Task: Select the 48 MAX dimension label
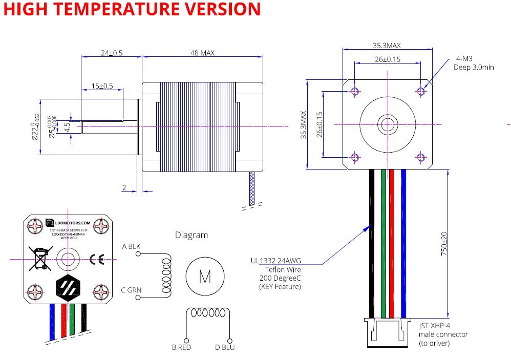[x=202, y=53]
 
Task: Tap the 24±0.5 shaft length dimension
[x=111, y=53]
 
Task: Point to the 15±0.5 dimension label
[x=102, y=86]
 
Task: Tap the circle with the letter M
[x=205, y=277]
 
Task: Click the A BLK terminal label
[x=131, y=246]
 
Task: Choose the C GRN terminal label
[x=132, y=290]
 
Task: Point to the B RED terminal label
[x=181, y=348]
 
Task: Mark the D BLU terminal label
[x=225, y=348]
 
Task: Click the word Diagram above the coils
[x=191, y=235]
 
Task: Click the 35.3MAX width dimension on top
[x=387, y=45]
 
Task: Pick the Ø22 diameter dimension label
[x=35, y=126]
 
